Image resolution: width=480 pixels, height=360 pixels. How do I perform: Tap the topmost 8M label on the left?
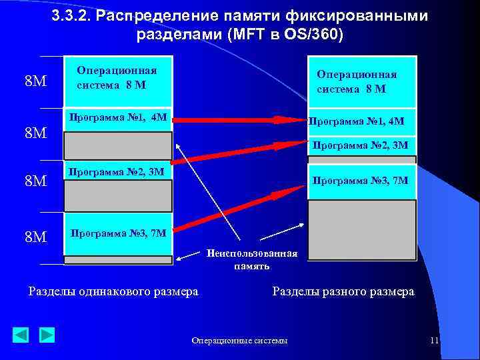pos(35,82)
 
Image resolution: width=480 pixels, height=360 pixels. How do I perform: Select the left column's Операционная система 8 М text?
pos(117,78)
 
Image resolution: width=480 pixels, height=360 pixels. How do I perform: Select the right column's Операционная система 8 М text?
pos(357,82)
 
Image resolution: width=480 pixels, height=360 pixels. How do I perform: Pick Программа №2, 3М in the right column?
pos(360,145)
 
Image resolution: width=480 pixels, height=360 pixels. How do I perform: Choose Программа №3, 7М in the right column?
pos(360,180)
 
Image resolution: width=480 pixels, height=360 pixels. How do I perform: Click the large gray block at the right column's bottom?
pos(361,229)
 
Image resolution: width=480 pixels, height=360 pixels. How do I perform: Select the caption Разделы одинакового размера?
pos(113,291)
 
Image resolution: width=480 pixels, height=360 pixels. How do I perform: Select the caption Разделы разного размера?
pos(343,291)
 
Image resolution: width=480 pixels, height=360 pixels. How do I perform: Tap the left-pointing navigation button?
pos(21,335)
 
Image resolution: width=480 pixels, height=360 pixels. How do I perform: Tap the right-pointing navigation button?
pos(46,335)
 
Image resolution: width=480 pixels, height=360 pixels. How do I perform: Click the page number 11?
pos(434,341)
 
